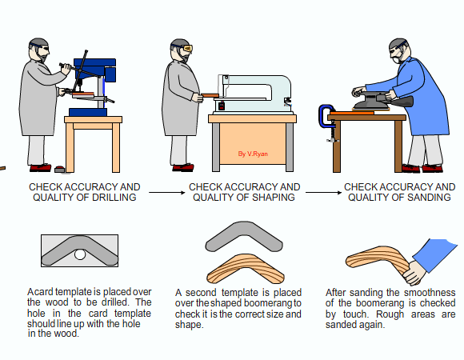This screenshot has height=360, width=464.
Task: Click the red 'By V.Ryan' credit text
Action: click(x=253, y=154)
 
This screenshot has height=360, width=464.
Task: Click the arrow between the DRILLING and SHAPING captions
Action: click(x=167, y=193)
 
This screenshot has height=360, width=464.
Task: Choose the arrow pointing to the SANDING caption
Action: click(x=323, y=193)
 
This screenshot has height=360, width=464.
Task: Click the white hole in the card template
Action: click(x=80, y=254)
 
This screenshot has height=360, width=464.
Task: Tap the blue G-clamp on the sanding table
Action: click(x=326, y=116)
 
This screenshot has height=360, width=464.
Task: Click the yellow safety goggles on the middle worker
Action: click(x=188, y=48)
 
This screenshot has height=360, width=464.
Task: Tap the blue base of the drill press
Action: click(x=88, y=113)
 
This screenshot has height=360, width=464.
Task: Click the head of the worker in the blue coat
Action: click(x=399, y=50)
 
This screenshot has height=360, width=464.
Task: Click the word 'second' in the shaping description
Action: click(x=201, y=293)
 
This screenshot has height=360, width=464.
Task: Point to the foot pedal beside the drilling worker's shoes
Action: click(x=59, y=170)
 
